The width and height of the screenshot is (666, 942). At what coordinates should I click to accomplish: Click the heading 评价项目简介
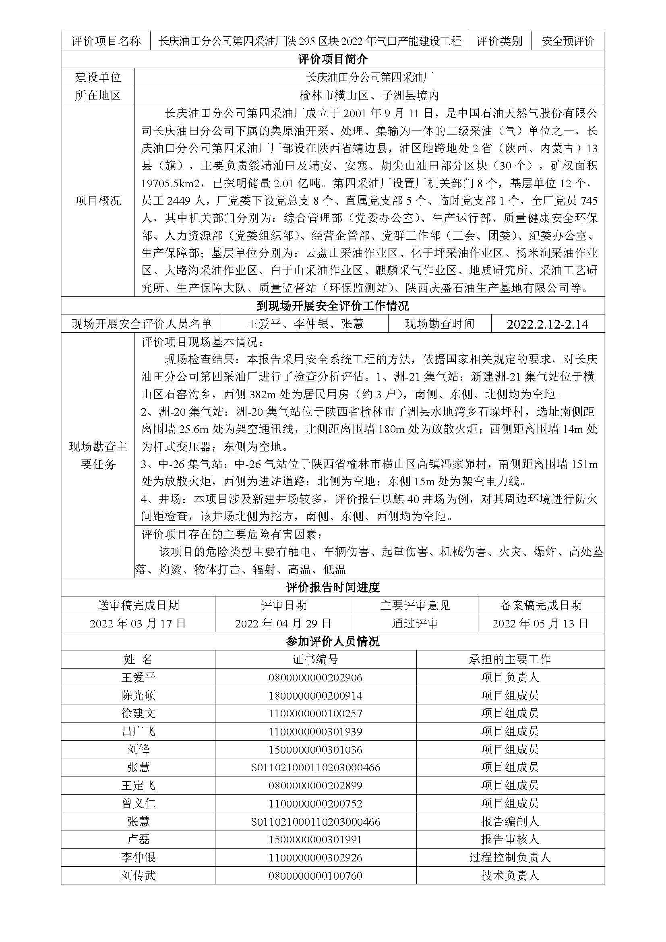(x=333, y=60)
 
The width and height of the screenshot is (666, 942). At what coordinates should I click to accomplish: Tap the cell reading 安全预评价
(x=568, y=41)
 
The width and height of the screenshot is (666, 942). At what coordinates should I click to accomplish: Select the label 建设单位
(x=98, y=77)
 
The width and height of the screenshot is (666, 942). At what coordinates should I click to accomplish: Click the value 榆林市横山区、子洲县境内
(x=369, y=95)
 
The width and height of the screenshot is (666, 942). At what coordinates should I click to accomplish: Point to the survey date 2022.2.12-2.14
(x=548, y=324)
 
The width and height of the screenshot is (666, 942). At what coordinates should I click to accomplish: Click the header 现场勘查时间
(x=440, y=324)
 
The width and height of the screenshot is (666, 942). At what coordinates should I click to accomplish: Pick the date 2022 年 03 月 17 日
(x=138, y=623)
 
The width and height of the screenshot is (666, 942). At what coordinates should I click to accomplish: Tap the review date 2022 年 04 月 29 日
(x=283, y=623)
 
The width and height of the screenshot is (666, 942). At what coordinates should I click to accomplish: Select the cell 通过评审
(x=415, y=623)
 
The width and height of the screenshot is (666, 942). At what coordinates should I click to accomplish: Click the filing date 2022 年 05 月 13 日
(x=540, y=623)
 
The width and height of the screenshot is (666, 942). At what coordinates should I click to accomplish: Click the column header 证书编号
(x=315, y=659)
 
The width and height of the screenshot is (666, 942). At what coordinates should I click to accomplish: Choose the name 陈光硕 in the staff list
(x=138, y=696)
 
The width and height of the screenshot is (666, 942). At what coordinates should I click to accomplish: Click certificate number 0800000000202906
(x=315, y=677)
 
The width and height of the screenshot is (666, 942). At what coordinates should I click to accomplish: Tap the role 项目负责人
(x=510, y=677)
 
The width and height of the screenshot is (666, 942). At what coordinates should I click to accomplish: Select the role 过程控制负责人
(x=510, y=857)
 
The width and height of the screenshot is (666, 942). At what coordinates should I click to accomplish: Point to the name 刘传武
(x=138, y=876)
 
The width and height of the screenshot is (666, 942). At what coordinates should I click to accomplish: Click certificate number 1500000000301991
(x=315, y=839)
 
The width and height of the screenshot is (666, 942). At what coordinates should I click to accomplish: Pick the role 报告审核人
(x=510, y=839)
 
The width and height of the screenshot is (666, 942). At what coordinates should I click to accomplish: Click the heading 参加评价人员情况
(x=333, y=642)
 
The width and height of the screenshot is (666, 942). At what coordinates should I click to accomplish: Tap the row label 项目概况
(x=98, y=201)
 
